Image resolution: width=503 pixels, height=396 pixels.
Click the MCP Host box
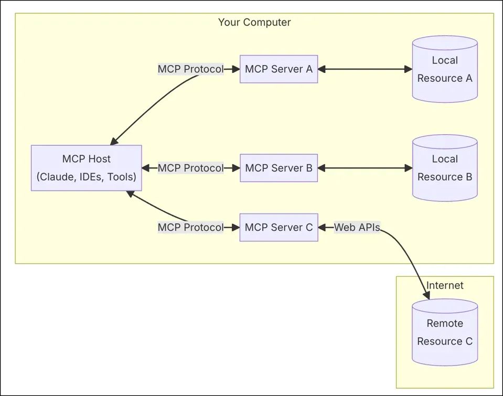click(86, 168)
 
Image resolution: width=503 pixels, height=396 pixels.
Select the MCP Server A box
click(279, 69)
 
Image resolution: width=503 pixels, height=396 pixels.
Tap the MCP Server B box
click(279, 168)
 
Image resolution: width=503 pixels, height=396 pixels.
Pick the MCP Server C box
click(279, 227)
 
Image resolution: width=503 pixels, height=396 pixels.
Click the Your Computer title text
click(254, 22)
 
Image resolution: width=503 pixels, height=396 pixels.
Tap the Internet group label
click(445, 285)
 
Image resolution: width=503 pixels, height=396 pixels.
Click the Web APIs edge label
click(357, 227)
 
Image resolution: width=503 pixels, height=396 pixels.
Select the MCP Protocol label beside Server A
click(190, 69)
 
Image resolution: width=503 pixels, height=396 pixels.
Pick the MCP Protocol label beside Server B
click(190, 168)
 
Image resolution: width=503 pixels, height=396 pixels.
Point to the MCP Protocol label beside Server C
click(190, 227)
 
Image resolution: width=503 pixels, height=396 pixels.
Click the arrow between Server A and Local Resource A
click(365, 69)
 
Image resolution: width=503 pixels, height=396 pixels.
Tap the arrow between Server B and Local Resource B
click(365, 168)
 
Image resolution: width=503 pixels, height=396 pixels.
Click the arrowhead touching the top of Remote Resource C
click(426, 295)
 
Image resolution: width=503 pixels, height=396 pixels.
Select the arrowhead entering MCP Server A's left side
click(236, 69)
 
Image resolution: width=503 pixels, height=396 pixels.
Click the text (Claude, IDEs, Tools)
click(86, 177)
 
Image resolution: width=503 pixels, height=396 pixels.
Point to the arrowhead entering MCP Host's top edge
click(114, 141)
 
